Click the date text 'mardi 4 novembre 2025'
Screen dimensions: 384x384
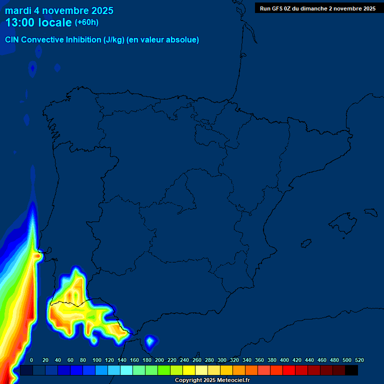(59, 10)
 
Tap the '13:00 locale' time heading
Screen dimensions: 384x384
(38, 22)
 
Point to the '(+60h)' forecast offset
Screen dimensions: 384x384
(86, 22)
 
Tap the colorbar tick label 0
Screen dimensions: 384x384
(31, 360)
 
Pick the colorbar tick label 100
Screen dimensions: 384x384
(97, 360)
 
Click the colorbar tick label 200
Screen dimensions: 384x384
(159, 360)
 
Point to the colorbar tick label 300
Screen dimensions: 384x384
(222, 360)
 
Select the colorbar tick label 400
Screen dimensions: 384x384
(284, 360)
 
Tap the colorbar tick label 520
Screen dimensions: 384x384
(359, 360)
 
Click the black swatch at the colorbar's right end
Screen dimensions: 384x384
(351, 370)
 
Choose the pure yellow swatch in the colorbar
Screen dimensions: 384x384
(189, 370)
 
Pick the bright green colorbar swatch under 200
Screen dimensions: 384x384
(164, 370)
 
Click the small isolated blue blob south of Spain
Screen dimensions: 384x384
(149, 342)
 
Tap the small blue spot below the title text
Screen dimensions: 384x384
(33, 68)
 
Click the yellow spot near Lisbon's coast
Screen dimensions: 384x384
(37, 256)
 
